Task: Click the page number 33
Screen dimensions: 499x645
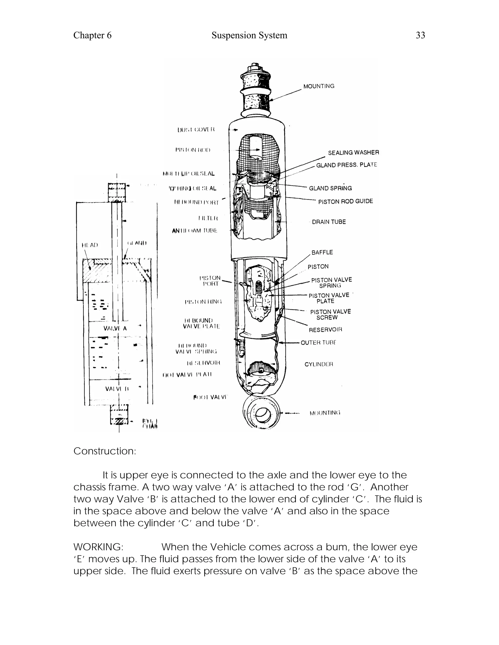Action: coord(420,36)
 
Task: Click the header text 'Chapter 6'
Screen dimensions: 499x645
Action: coord(92,36)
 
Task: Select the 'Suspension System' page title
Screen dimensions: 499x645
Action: coord(249,36)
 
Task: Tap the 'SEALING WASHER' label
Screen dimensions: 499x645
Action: coord(353,153)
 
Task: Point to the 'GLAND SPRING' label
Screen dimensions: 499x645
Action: coord(330,188)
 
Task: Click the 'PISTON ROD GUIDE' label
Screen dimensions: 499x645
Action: coord(345,202)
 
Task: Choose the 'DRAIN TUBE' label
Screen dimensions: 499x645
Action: coord(329,222)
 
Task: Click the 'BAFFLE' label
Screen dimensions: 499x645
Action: coord(322,252)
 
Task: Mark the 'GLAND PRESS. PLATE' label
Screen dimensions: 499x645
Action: coord(346,165)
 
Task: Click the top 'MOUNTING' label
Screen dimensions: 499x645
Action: coord(319,86)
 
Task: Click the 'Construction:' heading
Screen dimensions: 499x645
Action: coord(105,451)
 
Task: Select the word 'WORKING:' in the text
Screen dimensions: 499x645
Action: coord(98,547)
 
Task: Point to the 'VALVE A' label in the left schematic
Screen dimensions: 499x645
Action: coord(115,328)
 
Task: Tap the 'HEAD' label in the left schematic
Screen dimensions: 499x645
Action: coord(90,245)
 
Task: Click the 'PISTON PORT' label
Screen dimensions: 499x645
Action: coord(210,281)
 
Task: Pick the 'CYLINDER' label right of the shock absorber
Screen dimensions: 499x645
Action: coord(319,364)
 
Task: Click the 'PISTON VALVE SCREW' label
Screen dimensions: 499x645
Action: coord(330,314)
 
